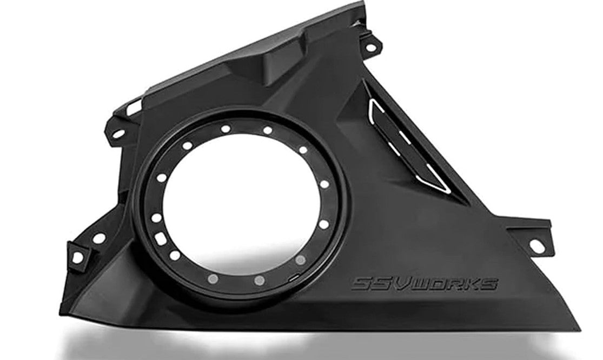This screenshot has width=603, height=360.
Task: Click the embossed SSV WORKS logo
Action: [x=425, y=284]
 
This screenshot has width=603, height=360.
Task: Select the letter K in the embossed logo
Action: [x=471, y=284]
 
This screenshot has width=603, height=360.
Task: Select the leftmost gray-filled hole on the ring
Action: [x=213, y=278]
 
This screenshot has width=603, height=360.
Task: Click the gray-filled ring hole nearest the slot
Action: [x=300, y=259]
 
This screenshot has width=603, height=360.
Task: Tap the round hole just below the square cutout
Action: [x=175, y=255]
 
